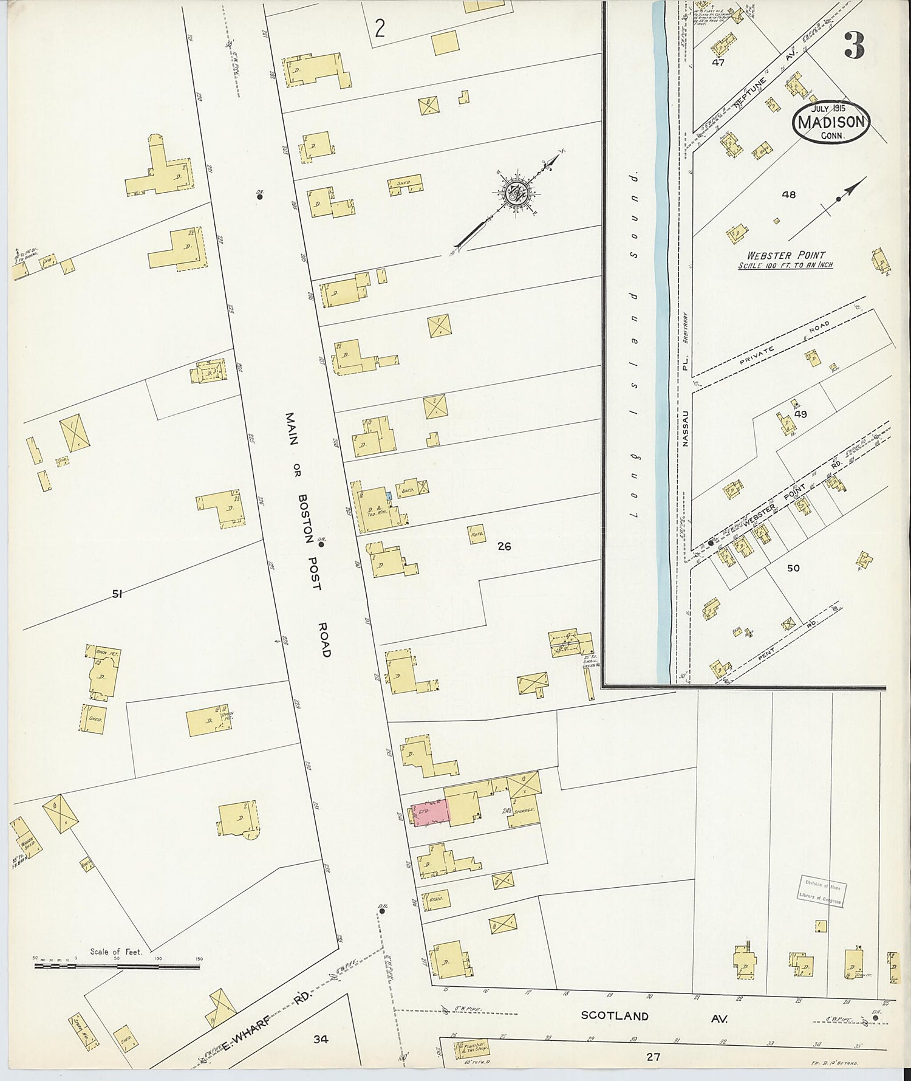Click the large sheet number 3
854,46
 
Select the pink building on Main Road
432,812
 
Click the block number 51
117,594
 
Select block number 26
504,546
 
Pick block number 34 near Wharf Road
321,1039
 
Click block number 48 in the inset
788,195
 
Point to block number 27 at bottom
653,1057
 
